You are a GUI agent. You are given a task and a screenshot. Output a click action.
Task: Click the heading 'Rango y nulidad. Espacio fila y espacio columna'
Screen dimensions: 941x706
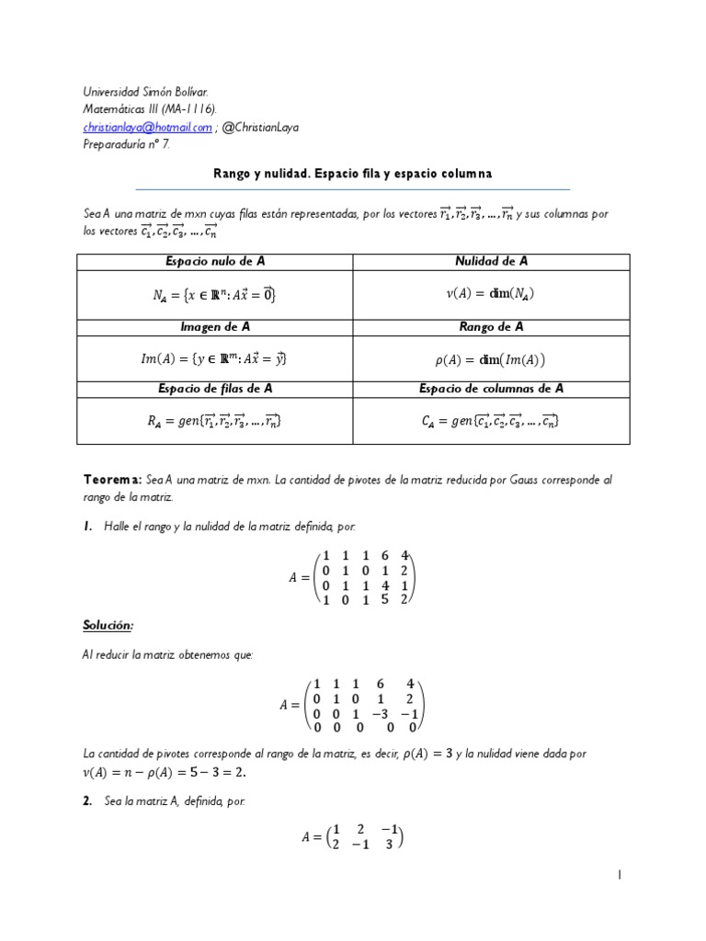[353, 173]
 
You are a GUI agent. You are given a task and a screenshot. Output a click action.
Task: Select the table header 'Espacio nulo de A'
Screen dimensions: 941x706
[215, 261]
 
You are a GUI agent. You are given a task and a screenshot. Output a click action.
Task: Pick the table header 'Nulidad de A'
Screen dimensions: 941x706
[492, 261]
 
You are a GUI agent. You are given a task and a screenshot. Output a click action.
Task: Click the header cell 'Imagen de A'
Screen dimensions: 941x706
[215, 326]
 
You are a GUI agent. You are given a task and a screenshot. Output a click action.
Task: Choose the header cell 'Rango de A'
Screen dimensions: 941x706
[492, 326]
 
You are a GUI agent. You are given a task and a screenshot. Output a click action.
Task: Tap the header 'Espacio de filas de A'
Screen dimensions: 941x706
[215, 389]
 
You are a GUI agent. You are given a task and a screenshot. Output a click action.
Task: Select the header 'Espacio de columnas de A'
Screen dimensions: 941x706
[492, 389]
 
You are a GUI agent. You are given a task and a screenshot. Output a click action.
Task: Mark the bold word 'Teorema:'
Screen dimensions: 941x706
[112, 481]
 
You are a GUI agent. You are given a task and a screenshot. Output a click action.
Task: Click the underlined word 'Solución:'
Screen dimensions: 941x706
[108, 625]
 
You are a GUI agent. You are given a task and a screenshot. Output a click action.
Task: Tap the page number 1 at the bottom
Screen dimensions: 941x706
[620, 877]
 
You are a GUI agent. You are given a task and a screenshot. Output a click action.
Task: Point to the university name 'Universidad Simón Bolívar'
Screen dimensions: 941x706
[145, 93]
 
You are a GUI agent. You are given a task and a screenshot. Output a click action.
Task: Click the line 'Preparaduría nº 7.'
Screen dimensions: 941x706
[126, 145]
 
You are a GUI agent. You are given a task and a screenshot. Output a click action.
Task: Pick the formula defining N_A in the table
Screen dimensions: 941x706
[215, 294]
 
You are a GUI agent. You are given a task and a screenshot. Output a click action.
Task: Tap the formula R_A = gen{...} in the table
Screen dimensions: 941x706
[215, 421]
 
